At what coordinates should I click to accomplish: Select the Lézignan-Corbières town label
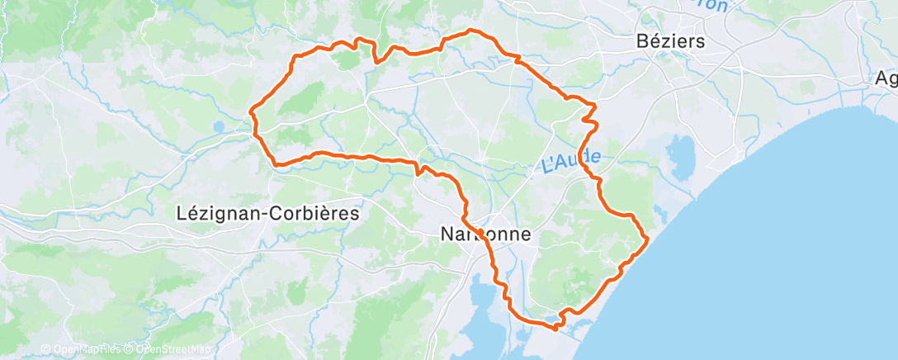pos(268,213)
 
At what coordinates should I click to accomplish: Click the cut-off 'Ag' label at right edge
pos(886,80)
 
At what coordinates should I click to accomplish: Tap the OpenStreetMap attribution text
pos(169,349)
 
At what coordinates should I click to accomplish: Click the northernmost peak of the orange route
pos(471,30)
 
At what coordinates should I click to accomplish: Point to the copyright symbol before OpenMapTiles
pos(45,349)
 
